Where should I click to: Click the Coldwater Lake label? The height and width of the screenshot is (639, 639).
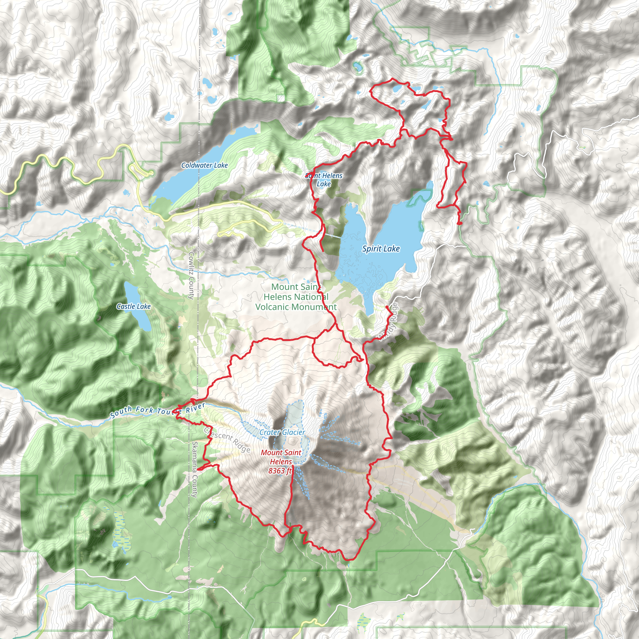point(204,165)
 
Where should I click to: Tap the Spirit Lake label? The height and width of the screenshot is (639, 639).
point(381,249)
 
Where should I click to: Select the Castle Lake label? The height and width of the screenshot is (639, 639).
point(134,307)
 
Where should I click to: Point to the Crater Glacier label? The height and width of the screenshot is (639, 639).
point(282,432)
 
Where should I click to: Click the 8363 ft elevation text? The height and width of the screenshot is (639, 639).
point(280,470)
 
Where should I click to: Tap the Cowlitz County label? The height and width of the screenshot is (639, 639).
point(191,276)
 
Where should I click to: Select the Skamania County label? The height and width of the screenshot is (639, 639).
point(195,469)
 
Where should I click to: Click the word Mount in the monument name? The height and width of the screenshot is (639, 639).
point(285,287)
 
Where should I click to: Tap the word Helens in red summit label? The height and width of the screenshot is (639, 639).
point(281,461)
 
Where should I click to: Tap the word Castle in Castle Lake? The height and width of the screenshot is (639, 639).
point(126,307)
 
